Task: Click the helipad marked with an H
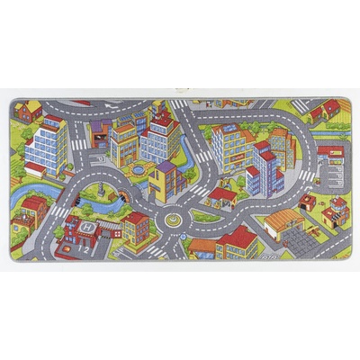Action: (86, 230)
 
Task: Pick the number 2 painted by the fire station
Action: (86, 249)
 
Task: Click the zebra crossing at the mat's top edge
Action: (180, 104)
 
